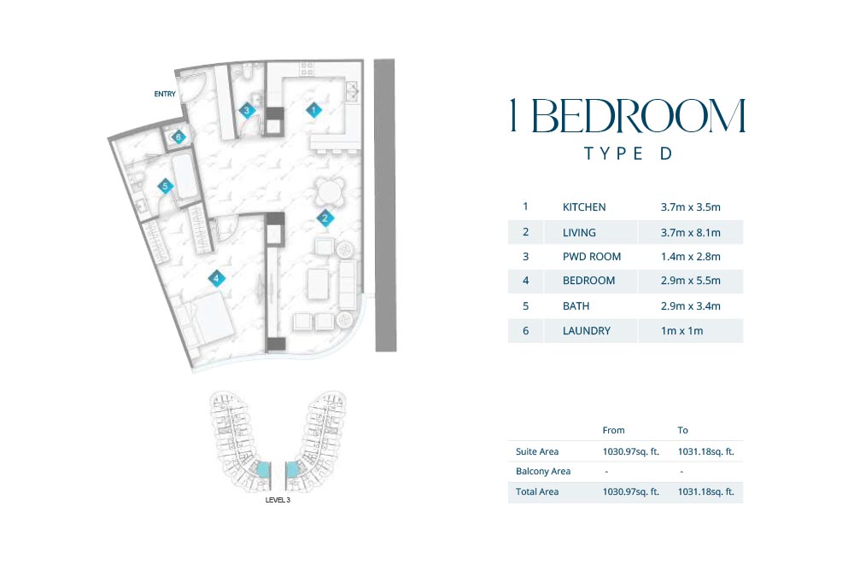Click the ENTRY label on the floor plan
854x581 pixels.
coord(165,94)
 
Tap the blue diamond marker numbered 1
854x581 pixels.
coord(313,110)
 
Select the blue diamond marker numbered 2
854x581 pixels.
coord(325,218)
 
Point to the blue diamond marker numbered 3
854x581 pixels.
coord(247,110)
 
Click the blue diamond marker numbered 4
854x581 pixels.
coord(216,278)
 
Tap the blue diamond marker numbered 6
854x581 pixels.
coord(178,137)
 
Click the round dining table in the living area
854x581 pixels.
coord(330,193)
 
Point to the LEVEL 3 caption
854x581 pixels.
coord(278,500)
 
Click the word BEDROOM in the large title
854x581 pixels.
coord(638,116)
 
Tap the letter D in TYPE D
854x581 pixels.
coord(665,154)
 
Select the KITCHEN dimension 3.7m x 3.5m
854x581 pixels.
coord(691,207)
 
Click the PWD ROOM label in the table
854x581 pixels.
coord(592,257)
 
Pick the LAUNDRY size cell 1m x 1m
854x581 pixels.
coord(681,331)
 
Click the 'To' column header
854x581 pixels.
coord(683,430)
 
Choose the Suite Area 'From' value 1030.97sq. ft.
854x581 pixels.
coord(631,451)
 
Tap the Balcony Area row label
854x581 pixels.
coord(543,472)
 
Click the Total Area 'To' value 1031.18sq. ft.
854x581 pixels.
coord(706,491)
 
